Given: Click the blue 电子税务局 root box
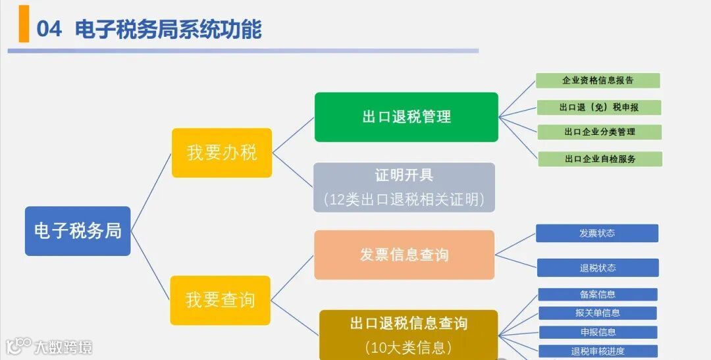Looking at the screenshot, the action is pos(78,231).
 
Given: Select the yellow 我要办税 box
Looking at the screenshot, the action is pos(222,153).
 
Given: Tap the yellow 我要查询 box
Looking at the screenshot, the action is pos(220,300).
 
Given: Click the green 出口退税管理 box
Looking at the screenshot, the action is pos(406,117).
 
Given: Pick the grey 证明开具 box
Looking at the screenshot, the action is pos(404,188).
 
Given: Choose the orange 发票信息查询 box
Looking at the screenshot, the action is pos(404,255).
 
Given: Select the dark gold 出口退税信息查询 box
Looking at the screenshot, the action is pos(408,334).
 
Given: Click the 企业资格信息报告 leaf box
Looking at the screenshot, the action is pos(598,80).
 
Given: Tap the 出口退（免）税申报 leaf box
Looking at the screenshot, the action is pos(599,107).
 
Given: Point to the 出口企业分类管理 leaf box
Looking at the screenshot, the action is pos(600,132).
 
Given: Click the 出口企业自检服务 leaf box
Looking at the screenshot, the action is pos(600,159).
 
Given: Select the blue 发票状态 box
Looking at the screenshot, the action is pos(597,233).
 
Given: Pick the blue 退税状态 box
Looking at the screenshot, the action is pos(598,268).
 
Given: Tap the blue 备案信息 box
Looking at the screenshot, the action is pos(598,294).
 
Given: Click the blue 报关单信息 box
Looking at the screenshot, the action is pos(598,313).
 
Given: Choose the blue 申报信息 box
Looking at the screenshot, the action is pos(598,332).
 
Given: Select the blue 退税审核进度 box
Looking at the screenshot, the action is pos(598,351).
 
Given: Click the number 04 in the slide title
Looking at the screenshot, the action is pos(49,29).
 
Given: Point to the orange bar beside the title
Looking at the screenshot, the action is pos(24,23).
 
